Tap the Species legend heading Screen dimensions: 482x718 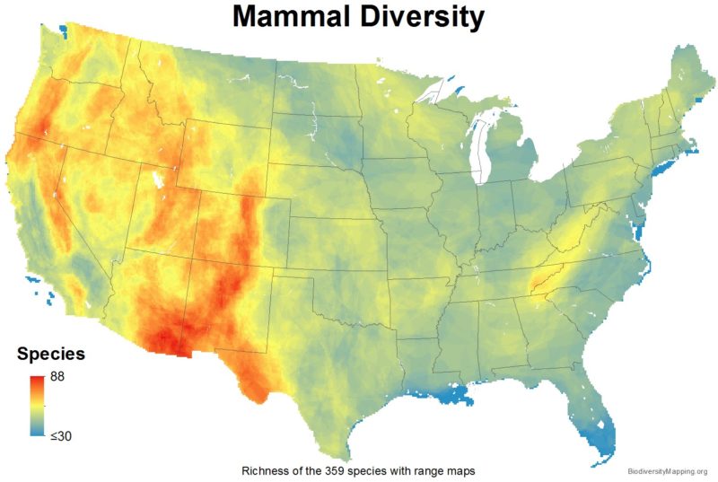(52, 354)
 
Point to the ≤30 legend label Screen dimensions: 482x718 (62, 436)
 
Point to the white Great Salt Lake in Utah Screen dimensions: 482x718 (159, 180)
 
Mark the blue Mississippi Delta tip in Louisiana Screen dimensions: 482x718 (462, 396)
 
